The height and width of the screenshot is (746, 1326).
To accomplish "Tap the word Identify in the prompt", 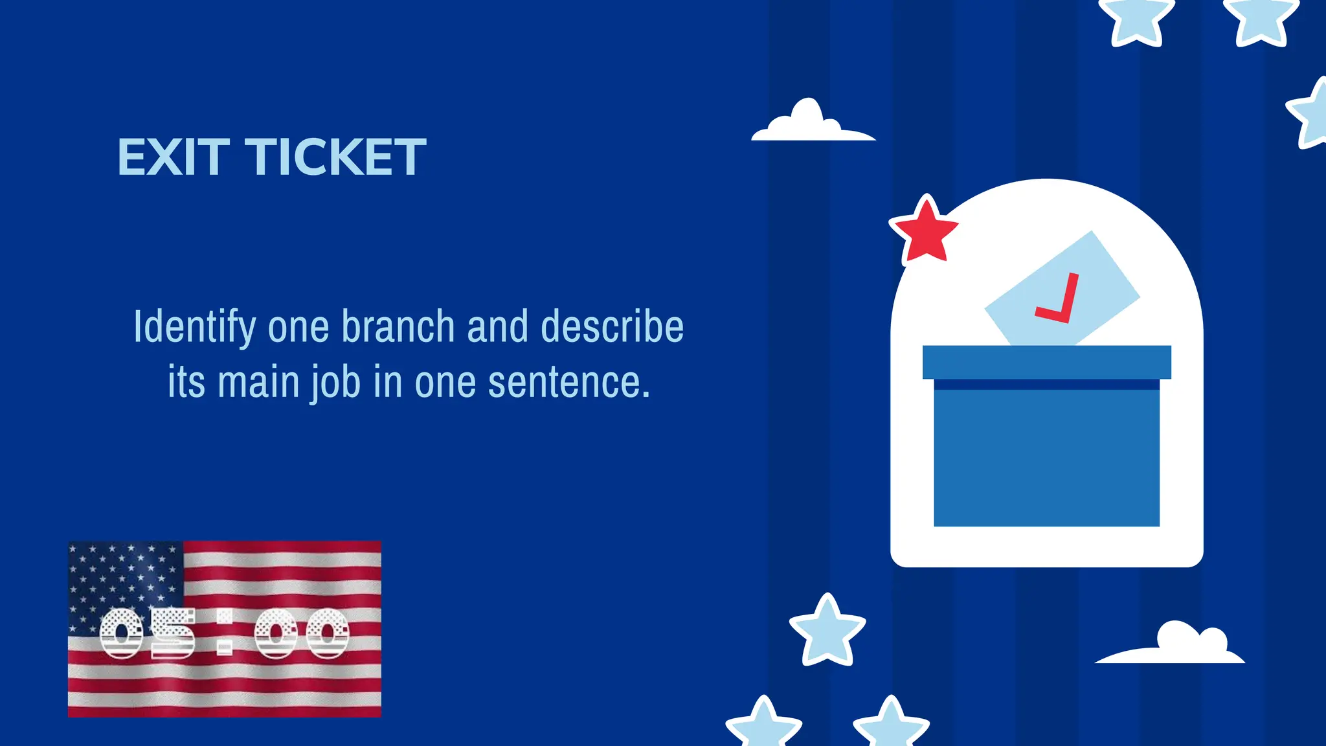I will pos(194,327).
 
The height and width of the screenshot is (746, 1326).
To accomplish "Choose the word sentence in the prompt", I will pos(568,382).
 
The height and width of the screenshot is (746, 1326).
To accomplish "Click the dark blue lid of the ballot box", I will pos(1046,362).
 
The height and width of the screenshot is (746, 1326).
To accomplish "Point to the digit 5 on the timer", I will pos(173,633).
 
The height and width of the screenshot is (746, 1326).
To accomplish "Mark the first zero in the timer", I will pos(122,633).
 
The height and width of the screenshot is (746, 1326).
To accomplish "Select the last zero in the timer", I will pos(328,633).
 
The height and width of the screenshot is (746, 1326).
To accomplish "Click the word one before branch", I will pos(299,327).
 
